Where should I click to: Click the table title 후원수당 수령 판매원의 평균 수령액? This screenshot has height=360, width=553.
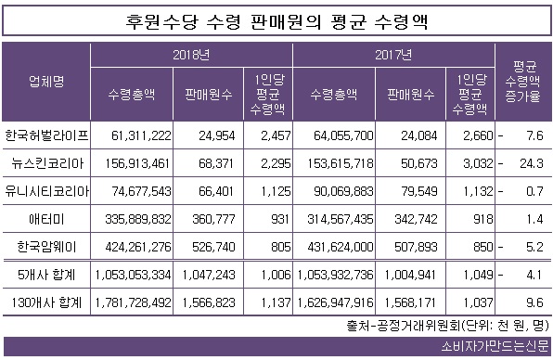coord(276,20)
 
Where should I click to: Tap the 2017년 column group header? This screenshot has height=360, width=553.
coord(397,54)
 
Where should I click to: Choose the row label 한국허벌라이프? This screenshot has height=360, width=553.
coord(46,135)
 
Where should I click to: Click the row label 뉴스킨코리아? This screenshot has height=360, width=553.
coord(46,162)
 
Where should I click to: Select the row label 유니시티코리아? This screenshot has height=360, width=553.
coord(46,191)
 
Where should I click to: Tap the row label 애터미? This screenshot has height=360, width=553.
coord(46,219)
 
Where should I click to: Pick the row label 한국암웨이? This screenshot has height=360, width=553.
coord(46,247)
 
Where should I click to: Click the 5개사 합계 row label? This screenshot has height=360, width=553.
coord(46,275)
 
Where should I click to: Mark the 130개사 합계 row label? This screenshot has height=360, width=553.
coord(46,302)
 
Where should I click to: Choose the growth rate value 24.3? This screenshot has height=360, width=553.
coord(534,162)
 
